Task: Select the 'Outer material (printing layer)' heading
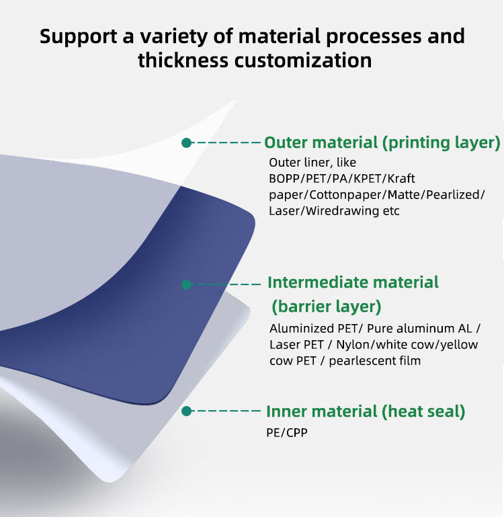click(x=382, y=143)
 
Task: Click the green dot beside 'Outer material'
click(x=187, y=143)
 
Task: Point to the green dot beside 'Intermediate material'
click(x=187, y=284)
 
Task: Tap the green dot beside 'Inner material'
click(x=187, y=411)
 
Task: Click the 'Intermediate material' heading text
click(x=353, y=282)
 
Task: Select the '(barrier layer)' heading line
click(x=326, y=307)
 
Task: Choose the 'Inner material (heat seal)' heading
click(x=366, y=411)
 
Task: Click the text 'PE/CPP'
click(x=287, y=432)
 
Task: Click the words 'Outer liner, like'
click(x=312, y=163)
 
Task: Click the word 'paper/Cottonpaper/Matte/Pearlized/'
click(x=376, y=195)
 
